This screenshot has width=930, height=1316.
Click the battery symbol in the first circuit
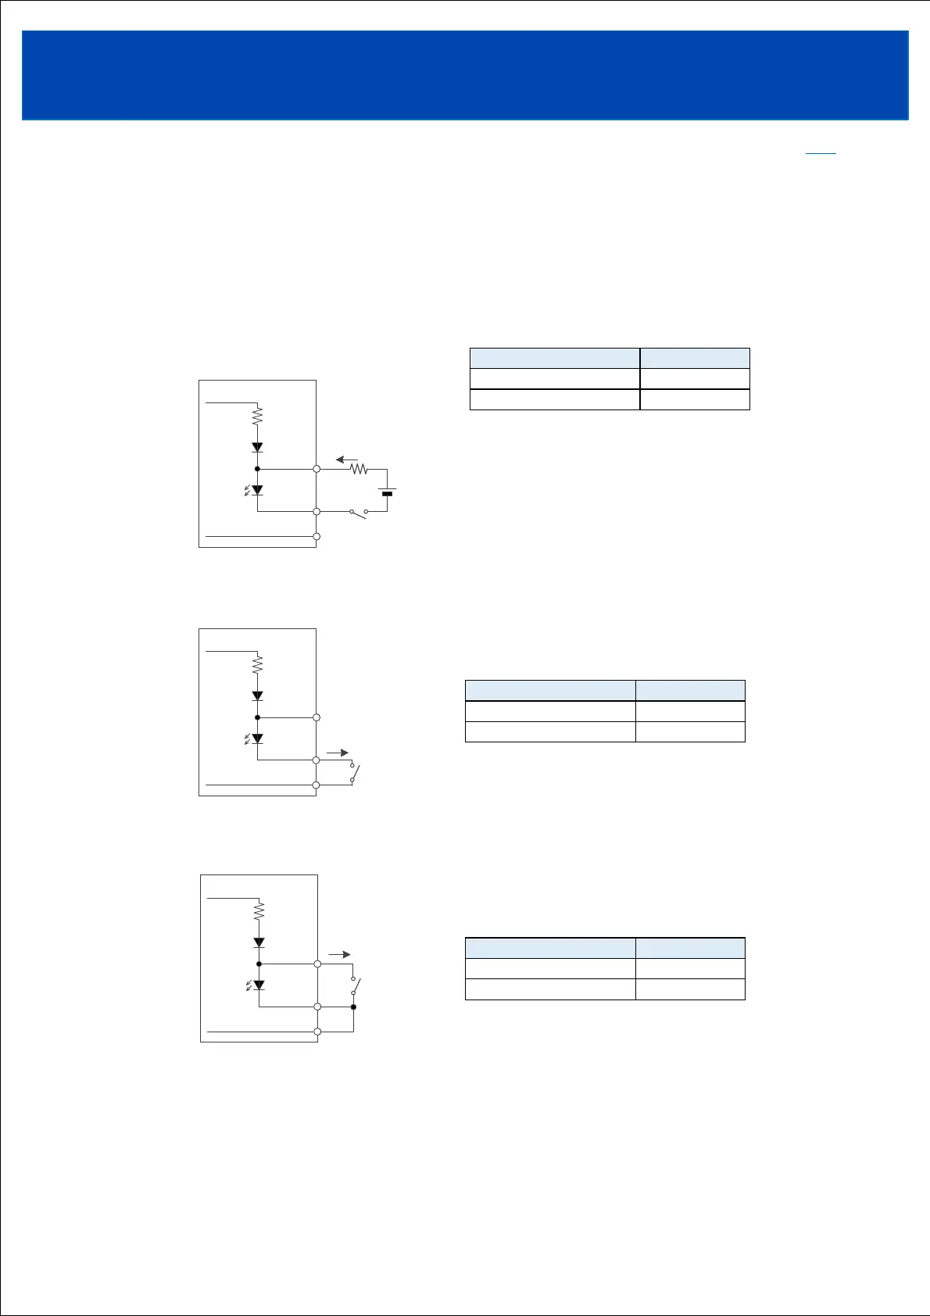pyautogui.click(x=386, y=492)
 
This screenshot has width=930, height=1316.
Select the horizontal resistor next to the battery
pyautogui.click(x=359, y=469)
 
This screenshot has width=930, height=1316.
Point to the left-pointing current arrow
pyautogui.click(x=346, y=460)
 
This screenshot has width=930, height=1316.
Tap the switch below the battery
pyautogui.click(x=359, y=513)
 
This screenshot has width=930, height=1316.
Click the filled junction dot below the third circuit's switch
pyautogui.click(x=353, y=1007)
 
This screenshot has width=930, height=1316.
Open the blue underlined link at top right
pyautogui.click(x=821, y=152)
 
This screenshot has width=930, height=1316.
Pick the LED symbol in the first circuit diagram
pyautogui.click(x=256, y=491)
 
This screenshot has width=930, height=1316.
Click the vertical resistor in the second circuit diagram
pyautogui.click(x=257, y=664)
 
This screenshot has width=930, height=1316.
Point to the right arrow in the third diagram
pyautogui.click(x=339, y=954)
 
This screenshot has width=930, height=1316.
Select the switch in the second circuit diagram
pyautogui.click(x=354, y=774)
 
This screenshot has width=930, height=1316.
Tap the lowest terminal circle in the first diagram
pyautogui.click(x=317, y=536)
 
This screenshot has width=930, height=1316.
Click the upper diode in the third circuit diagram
pyautogui.click(x=259, y=943)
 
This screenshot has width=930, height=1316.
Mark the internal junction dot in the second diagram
pyautogui.click(x=257, y=717)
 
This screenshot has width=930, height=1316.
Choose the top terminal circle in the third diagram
pyautogui.click(x=318, y=964)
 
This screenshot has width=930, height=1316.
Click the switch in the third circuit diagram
pyautogui.click(x=354, y=985)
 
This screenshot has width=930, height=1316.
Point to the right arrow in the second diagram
pyautogui.click(x=338, y=753)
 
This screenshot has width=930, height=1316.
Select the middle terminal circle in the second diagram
pyautogui.click(x=317, y=760)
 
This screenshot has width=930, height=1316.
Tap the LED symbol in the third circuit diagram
pyautogui.click(x=258, y=985)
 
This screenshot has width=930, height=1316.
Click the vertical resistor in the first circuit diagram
pyautogui.click(x=257, y=416)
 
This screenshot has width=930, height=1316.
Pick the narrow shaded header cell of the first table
pyautogui.click(x=695, y=358)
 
